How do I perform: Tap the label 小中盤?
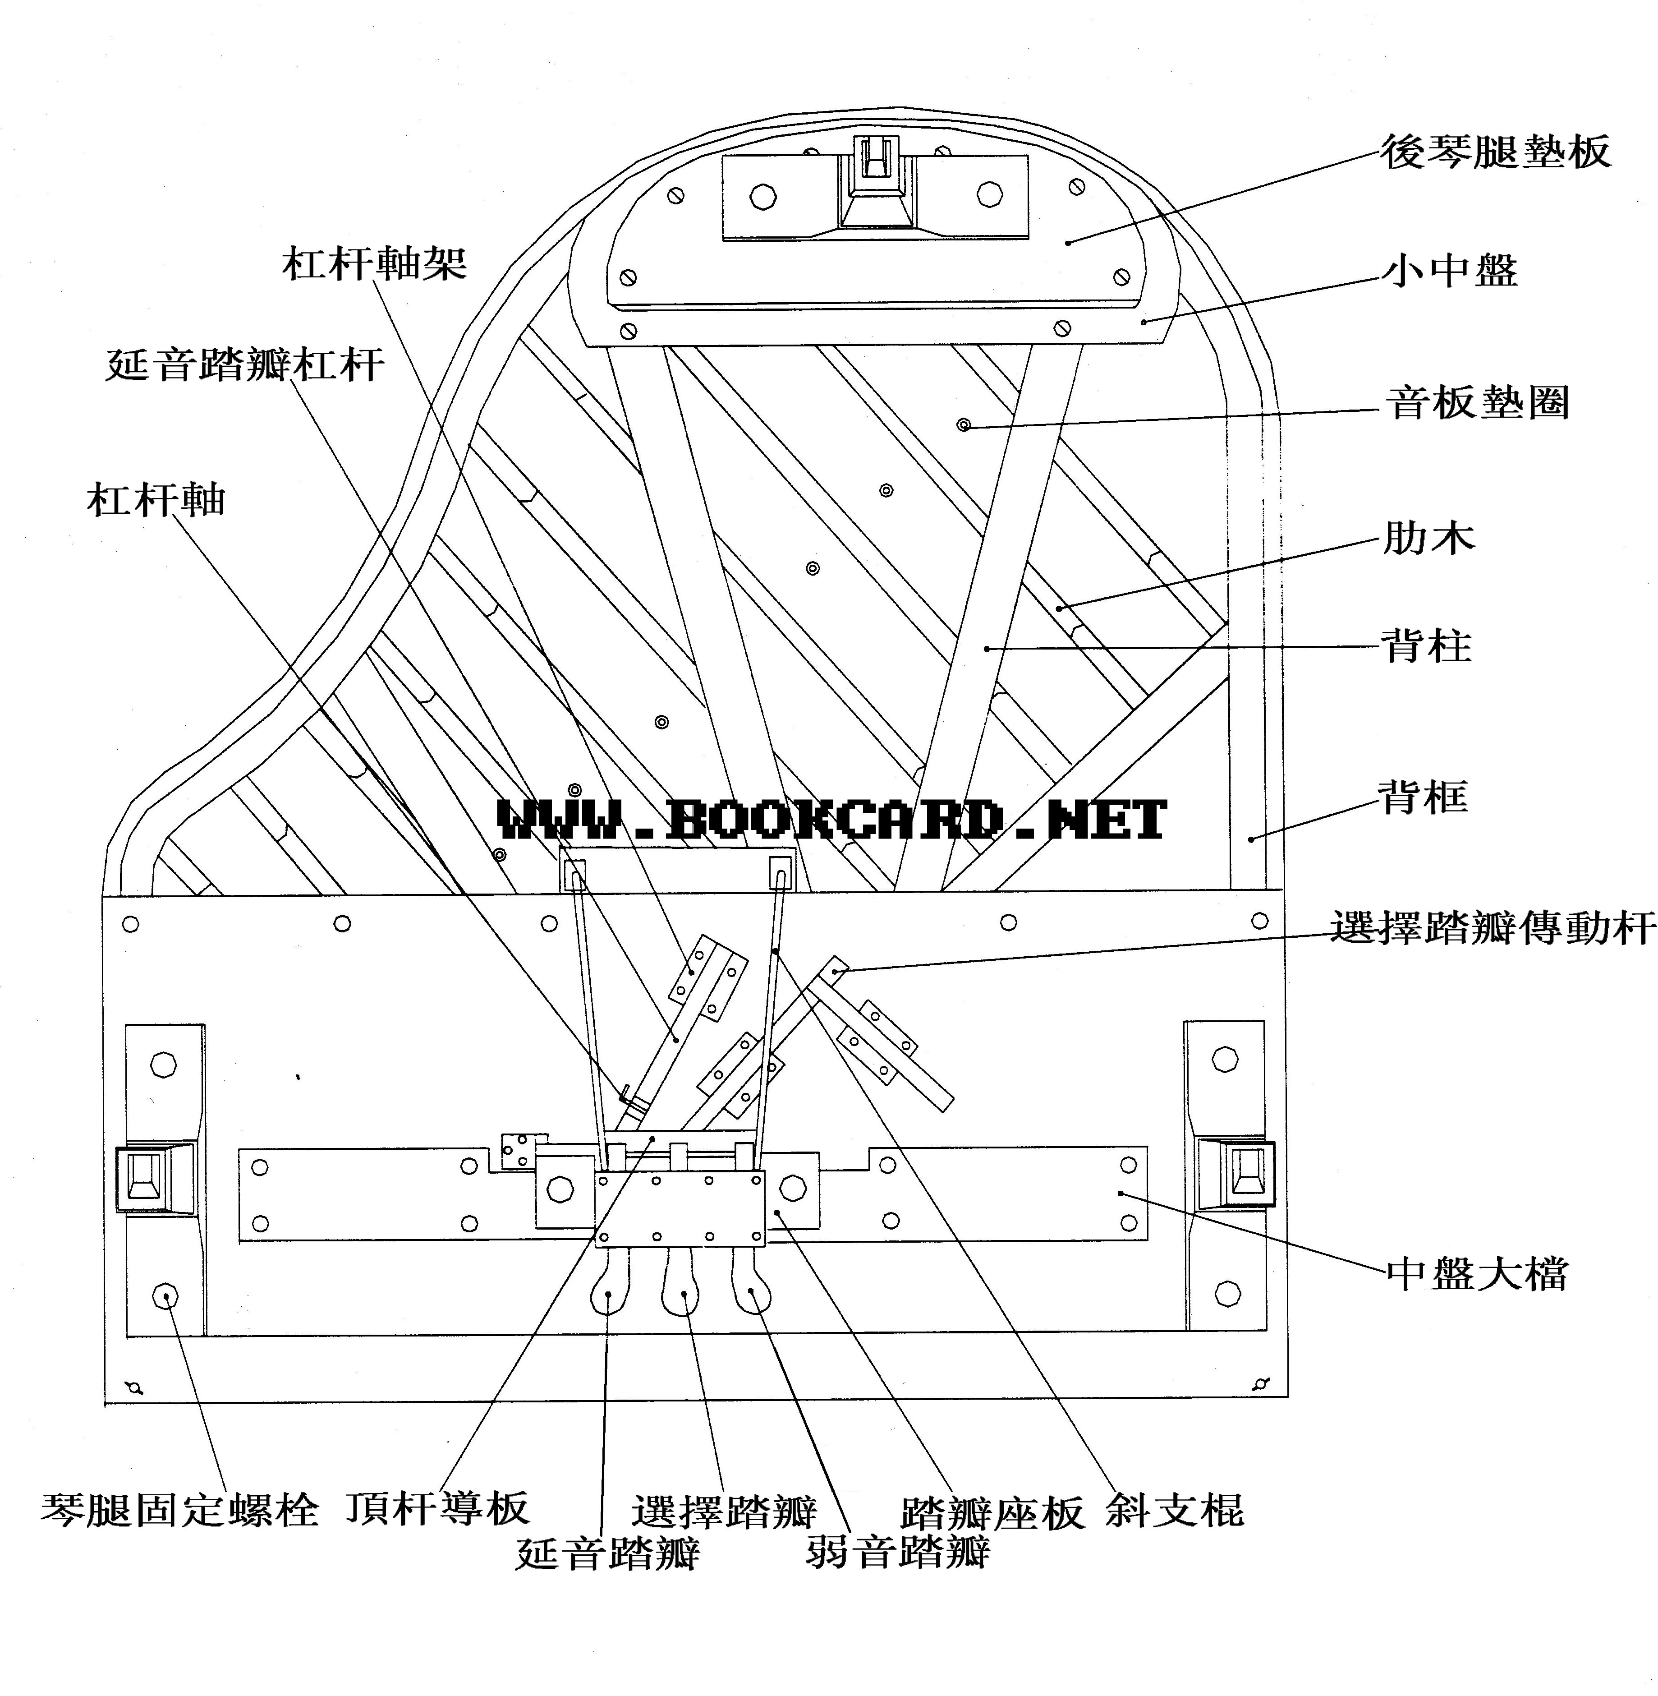(x=1450, y=271)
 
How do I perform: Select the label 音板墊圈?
(x=1477, y=403)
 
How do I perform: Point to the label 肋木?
(x=1429, y=538)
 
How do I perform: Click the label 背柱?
(x=1426, y=646)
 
